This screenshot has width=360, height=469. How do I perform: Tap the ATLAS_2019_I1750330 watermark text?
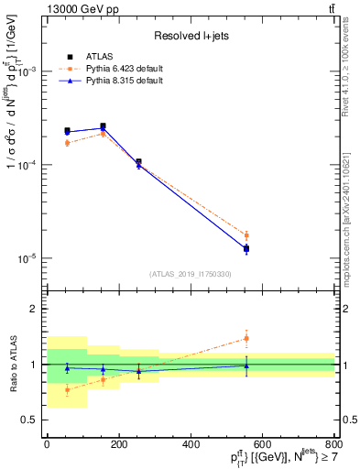point(191,274)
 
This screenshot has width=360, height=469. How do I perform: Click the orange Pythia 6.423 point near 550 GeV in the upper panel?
point(245,235)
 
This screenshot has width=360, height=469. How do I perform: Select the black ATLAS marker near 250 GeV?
point(138,162)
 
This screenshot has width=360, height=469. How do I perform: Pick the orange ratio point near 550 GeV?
point(245,338)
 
